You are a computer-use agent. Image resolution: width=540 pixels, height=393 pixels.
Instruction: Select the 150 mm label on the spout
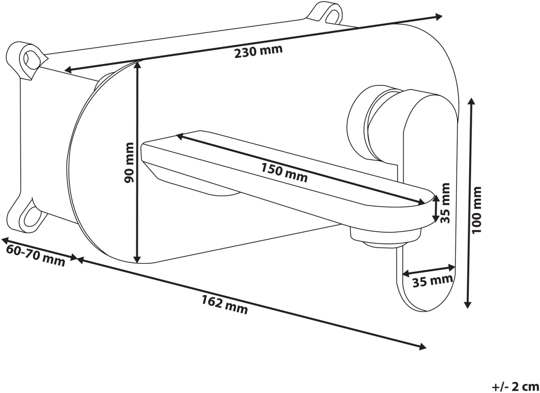pos(284,173)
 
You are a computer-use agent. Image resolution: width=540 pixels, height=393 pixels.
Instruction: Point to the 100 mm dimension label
pos(477,210)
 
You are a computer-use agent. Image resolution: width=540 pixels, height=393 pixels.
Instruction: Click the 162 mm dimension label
pos(224,305)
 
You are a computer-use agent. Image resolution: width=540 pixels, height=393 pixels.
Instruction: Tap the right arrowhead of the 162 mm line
pos(422,347)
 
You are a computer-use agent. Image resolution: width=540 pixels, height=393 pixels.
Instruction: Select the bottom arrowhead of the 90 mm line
pos(137,259)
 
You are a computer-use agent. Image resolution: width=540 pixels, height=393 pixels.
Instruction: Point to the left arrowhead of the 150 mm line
pos(181,137)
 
